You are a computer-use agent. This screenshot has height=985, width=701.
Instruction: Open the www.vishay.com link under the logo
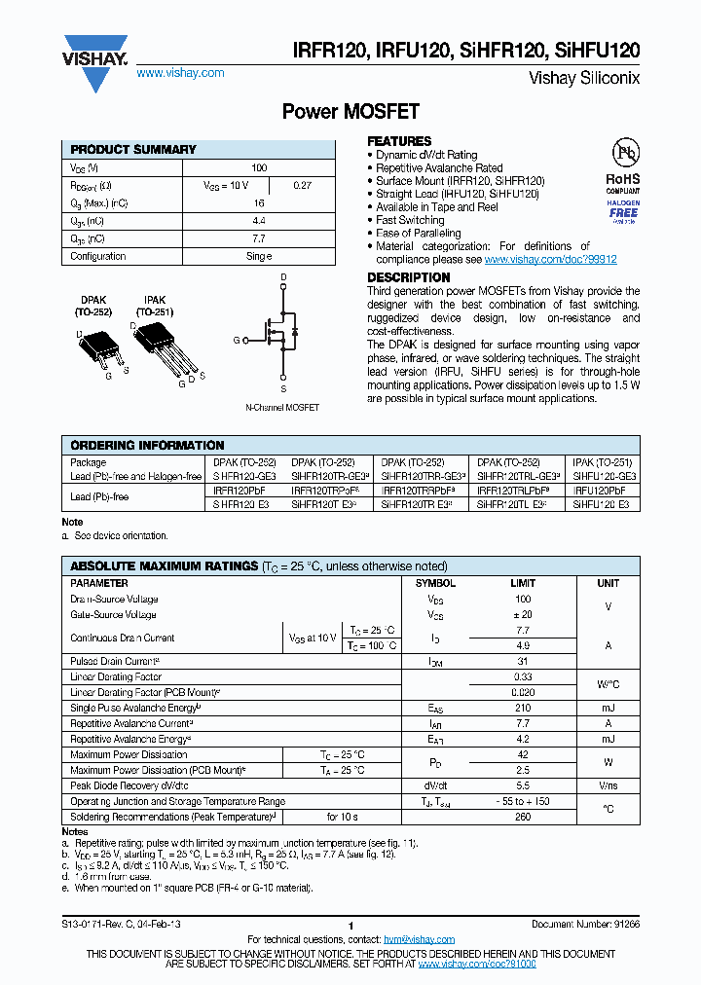click(180, 73)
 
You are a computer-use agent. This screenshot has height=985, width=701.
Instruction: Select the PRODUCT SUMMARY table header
click(133, 150)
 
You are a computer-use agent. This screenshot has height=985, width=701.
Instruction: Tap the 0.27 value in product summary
click(302, 185)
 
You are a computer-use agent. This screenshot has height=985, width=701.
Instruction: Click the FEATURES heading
click(399, 141)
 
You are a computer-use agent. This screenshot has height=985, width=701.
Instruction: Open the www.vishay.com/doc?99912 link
click(550, 260)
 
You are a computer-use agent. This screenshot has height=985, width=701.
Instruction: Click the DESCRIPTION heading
click(408, 277)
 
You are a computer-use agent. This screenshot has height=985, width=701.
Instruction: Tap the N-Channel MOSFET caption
click(282, 407)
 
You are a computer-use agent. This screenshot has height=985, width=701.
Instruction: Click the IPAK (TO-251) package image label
click(154, 307)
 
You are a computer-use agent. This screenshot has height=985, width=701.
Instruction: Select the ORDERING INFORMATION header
click(147, 445)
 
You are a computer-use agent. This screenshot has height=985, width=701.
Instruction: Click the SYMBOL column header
click(435, 583)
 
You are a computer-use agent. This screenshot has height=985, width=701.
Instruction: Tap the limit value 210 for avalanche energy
click(523, 708)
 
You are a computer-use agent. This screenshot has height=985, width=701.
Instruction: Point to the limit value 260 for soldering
click(523, 817)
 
